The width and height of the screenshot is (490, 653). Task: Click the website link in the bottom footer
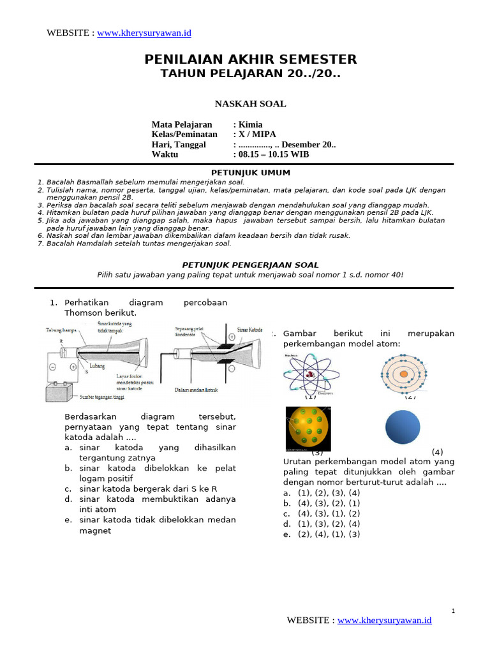(x=384, y=620)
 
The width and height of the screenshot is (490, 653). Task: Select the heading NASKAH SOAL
(x=250, y=104)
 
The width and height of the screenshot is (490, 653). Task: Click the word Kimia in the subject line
(x=250, y=124)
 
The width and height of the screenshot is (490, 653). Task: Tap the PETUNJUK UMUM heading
(x=250, y=173)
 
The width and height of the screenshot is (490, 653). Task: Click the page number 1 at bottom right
(x=453, y=611)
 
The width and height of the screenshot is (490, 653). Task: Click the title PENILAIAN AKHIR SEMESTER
(x=250, y=59)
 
